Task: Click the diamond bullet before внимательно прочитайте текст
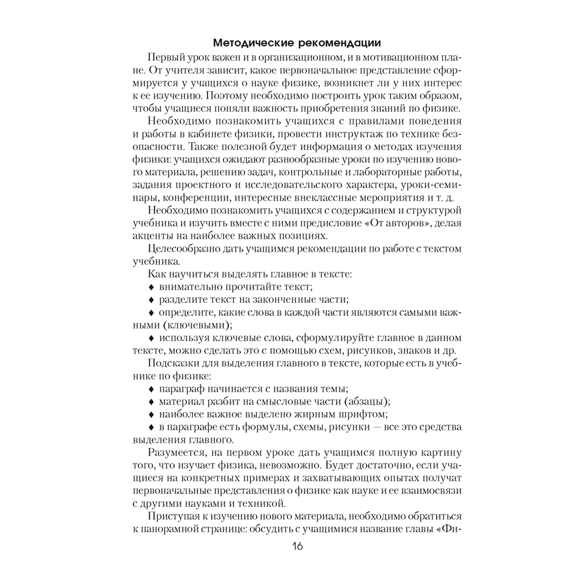pyautogui.click(x=151, y=287)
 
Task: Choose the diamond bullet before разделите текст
pyautogui.click(x=151, y=300)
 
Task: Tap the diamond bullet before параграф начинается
pyautogui.click(x=151, y=389)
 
